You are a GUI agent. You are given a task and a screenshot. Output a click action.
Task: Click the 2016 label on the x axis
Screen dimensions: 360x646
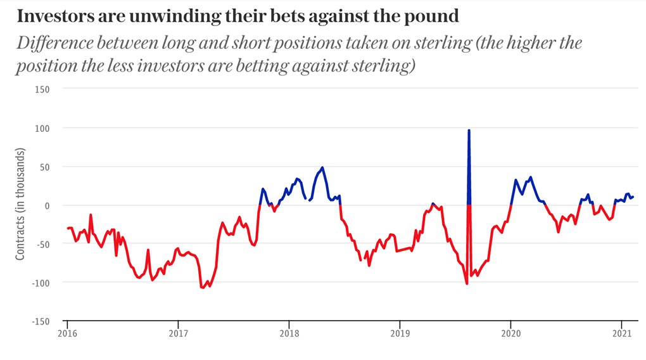67,333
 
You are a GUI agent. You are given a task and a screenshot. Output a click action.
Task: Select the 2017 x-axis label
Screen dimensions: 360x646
179,333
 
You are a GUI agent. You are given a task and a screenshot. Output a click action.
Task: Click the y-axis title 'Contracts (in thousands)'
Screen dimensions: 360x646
20,205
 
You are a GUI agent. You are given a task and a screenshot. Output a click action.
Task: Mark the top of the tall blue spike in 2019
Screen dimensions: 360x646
469,131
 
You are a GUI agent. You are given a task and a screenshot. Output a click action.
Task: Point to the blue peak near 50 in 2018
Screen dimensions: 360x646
322,168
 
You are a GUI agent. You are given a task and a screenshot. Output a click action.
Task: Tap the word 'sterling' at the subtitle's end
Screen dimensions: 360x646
381,66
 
